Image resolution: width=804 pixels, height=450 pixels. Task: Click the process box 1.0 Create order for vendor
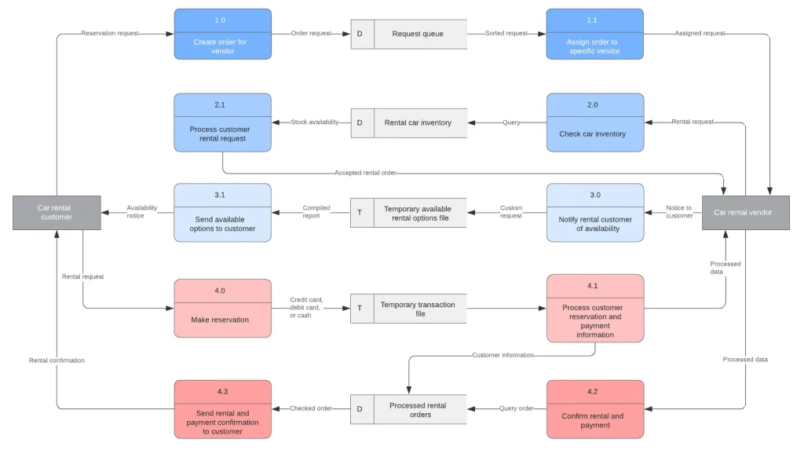pyautogui.click(x=222, y=34)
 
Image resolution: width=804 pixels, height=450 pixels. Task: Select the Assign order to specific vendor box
pyautogui.click(x=594, y=34)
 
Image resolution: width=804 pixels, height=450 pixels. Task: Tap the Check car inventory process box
pyautogui.click(x=594, y=123)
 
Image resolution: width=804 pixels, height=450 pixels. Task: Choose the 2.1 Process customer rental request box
pyautogui.click(x=222, y=123)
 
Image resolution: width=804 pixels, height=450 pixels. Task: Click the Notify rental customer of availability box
pyautogui.click(x=594, y=212)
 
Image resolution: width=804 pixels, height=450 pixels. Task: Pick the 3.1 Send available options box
pyautogui.click(x=222, y=212)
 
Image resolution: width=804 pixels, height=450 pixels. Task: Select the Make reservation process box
pyautogui.click(x=222, y=309)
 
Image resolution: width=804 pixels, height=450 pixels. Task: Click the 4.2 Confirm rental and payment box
pyautogui.click(x=594, y=409)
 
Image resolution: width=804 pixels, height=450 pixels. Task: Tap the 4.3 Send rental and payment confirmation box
pyautogui.click(x=222, y=409)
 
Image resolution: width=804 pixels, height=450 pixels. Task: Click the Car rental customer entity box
pyautogui.click(x=57, y=213)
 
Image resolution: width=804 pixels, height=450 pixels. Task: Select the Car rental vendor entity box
pyautogui.click(x=745, y=213)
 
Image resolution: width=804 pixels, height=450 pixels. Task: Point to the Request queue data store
pyautogui.click(x=418, y=34)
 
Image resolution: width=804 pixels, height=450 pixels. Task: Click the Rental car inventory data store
pyautogui.click(x=418, y=123)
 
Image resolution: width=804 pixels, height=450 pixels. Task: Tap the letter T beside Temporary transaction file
pyautogui.click(x=360, y=309)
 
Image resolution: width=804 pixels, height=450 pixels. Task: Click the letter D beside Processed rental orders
pyautogui.click(x=360, y=409)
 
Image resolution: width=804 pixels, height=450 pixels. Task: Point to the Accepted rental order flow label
pyautogui.click(x=365, y=173)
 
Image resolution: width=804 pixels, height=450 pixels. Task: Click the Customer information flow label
pyautogui.click(x=502, y=355)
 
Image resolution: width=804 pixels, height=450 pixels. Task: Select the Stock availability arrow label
pyautogui.click(x=314, y=123)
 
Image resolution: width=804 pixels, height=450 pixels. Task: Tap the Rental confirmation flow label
pyautogui.click(x=57, y=360)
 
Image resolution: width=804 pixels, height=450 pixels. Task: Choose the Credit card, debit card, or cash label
pyautogui.click(x=306, y=307)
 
